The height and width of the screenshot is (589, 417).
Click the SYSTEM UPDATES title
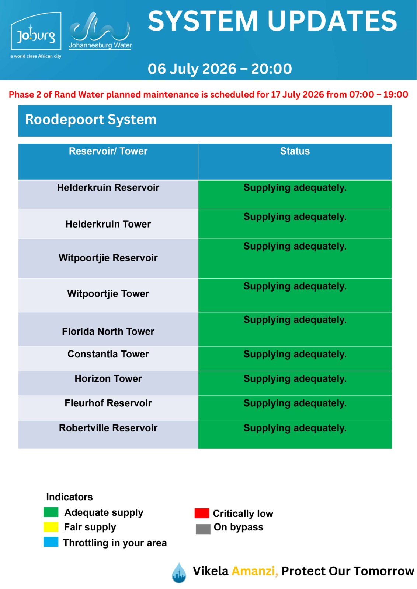tap(272, 21)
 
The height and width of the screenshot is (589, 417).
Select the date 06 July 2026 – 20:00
tap(220, 68)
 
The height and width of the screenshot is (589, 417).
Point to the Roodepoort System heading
tap(91, 120)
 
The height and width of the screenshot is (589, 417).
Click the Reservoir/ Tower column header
tap(108, 151)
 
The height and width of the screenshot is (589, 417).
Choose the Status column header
tap(295, 151)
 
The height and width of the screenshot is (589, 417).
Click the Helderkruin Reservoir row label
tap(108, 187)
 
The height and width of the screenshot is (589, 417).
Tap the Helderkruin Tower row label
tap(108, 224)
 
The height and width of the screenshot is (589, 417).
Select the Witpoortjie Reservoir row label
tap(108, 258)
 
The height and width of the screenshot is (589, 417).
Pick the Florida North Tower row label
tap(108, 331)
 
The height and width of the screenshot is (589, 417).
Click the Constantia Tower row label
tap(108, 354)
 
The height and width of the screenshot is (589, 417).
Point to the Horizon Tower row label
tap(108, 378)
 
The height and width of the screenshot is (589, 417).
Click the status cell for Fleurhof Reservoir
tap(295, 408)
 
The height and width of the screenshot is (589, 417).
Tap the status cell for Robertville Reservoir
tap(295, 434)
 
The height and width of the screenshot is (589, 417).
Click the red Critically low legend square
tap(202, 513)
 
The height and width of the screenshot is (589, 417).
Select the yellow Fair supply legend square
tap(51, 527)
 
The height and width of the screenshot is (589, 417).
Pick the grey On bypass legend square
tap(203, 529)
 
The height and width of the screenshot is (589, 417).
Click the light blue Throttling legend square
tap(51, 542)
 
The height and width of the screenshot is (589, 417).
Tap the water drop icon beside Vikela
tap(179, 573)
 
